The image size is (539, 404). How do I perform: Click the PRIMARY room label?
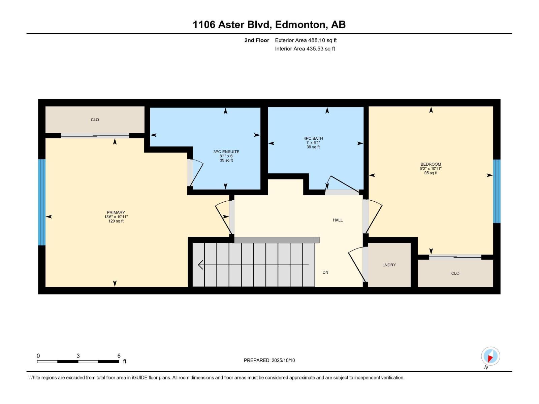click(116, 212)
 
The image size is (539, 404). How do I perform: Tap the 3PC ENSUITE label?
click(226, 152)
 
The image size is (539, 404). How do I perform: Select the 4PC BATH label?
click(313, 138)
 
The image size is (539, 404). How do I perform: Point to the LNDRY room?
click(389, 265)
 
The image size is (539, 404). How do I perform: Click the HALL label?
click(338, 220)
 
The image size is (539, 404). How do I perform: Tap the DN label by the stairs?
click(325, 272)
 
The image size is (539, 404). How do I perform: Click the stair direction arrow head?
click(201, 265)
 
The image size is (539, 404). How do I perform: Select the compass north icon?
click(490, 356)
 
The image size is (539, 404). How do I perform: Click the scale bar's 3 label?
click(78, 356)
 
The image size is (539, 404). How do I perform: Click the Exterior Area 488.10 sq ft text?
click(306, 40)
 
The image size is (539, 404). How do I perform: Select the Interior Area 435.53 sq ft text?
click(305, 49)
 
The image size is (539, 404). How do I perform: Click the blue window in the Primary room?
click(41, 202)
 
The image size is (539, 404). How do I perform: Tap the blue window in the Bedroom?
click(497, 191)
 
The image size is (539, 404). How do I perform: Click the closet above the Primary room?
click(95, 120)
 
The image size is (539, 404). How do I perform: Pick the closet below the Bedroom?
click(455, 273)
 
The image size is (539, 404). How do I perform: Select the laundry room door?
click(357, 264)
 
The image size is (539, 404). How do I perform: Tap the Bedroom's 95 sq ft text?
click(431, 173)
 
